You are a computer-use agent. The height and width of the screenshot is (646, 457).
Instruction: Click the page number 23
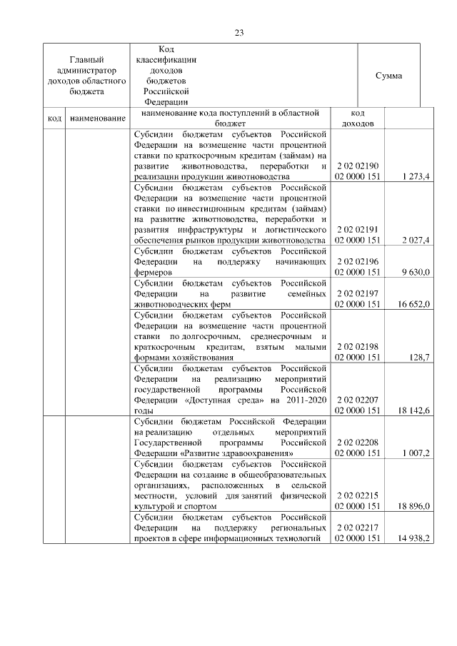(x=238, y=32)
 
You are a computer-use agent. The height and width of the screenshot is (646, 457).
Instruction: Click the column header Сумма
(x=388, y=76)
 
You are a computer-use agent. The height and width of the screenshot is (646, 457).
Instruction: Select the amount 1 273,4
(x=416, y=176)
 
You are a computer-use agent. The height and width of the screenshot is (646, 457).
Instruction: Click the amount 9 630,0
(x=416, y=272)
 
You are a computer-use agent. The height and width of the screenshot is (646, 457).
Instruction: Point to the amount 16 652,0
(x=413, y=304)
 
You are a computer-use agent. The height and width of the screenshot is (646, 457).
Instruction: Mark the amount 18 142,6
(x=413, y=410)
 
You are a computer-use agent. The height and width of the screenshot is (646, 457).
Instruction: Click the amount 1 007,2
(x=416, y=453)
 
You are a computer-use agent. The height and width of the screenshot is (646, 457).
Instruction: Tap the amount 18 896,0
(x=413, y=506)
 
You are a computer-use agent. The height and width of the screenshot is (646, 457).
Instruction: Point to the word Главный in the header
(x=86, y=60)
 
